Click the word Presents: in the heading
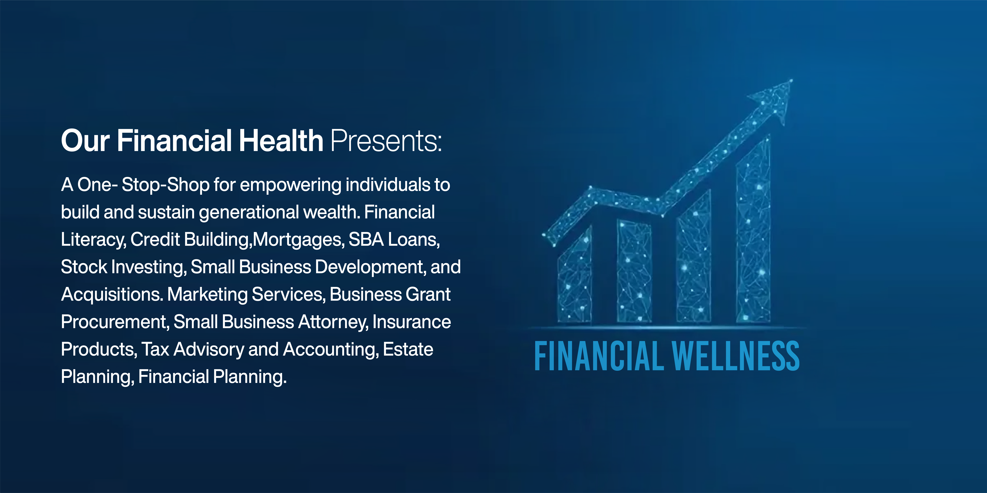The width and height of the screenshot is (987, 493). click(x=386, y=141)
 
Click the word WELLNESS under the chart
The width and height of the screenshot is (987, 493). click(x=736, y=356)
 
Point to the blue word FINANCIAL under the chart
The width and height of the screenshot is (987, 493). click(x=599, y=356)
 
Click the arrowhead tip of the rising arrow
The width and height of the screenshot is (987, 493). click(x=792, y=80)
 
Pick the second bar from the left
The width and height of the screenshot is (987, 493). click(x=634, y=271)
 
